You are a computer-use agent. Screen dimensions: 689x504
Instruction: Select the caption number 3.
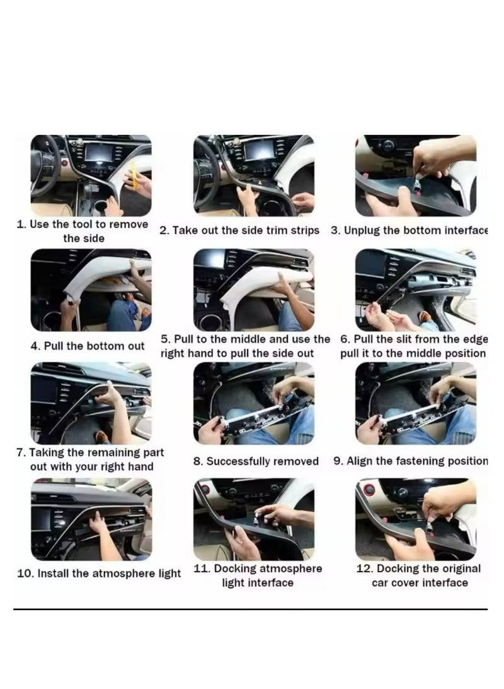[x=335, y=230]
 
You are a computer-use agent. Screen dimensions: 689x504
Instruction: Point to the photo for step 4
[x=91, y=290]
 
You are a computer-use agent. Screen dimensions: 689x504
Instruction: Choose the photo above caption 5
[x=253, y=290]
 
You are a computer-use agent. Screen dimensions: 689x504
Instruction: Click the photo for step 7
[x=91, y=403]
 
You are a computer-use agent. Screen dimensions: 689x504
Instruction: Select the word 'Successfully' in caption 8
[x=239, y=462]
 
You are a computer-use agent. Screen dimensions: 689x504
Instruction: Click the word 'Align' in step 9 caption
[x=360, y=461]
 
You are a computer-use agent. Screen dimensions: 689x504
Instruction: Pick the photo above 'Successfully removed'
[x=253, y=403]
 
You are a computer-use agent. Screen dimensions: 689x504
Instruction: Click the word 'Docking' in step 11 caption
[x=238, y=568]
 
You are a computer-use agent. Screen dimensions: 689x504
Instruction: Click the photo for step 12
[x=415, y=519]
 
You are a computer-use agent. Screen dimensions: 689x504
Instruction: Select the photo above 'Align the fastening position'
[x=415, y=403]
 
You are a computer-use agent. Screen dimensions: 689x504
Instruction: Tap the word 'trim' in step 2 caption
[x=264, y=231]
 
